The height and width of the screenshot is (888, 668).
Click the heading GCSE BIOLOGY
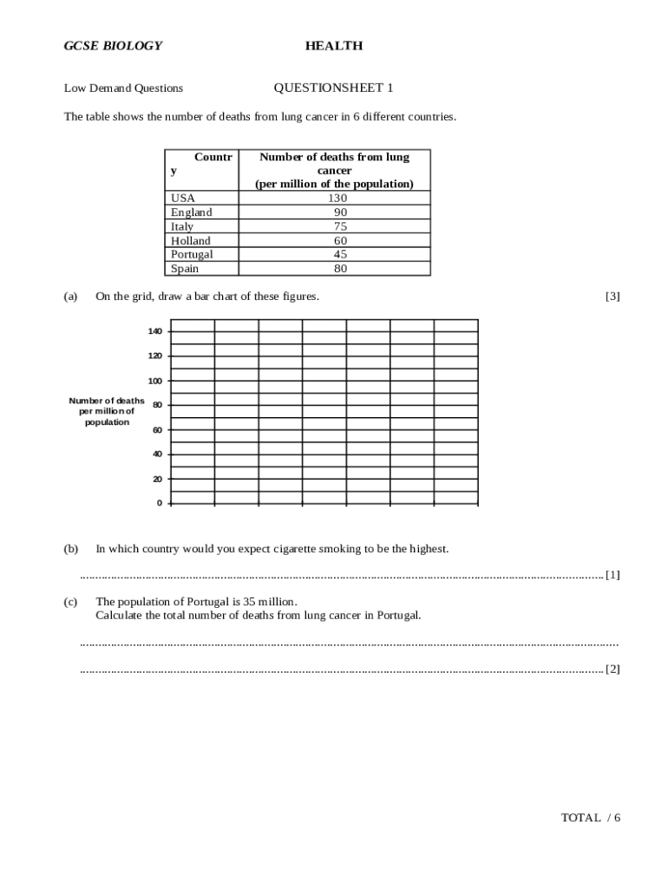pos(113,46)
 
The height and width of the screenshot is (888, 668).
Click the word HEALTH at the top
pos(334,46)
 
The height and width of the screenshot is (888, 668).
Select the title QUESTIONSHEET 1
pos(333,88)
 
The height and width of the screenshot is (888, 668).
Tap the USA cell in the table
pos(183,199)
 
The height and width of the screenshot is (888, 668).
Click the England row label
pos(191,212)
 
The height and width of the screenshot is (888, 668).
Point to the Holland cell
pos(190,240)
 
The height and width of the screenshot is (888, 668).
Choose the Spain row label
pos(185,269)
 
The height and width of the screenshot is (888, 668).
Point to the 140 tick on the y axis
pos(154,331)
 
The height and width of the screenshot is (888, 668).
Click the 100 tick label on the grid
pos(154,381)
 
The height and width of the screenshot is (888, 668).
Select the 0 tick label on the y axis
pos(159,503)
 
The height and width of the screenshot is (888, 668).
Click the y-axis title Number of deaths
pos(107,401)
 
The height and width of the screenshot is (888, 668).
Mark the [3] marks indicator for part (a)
pos(612,297)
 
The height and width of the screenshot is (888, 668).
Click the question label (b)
pos(71,549)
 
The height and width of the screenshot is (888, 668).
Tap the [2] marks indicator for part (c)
pos(612,669)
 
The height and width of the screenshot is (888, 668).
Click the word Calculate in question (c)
pos(120,616)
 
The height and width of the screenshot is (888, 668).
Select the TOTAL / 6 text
pos(591,818)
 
